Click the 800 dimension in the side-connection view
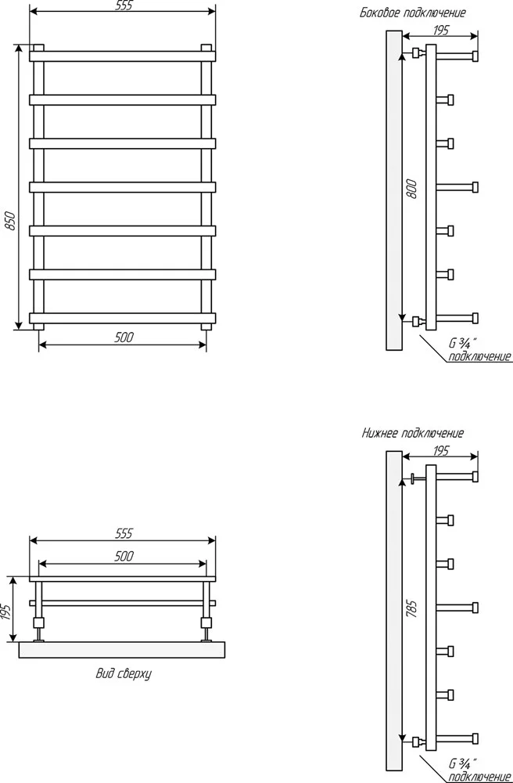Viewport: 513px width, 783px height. (x=412, y=188)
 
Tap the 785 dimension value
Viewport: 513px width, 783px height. (x=412, y=608)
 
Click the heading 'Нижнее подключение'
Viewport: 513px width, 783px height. (x=413, y=433)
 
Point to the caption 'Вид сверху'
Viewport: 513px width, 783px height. (x=124, y=674)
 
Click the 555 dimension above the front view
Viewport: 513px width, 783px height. (x=124, y=6)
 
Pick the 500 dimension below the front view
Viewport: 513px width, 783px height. (x=124, y=337)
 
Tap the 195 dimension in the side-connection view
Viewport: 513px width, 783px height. (x=441, y=31)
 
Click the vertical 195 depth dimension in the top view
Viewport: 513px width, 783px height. (x=6, y=612)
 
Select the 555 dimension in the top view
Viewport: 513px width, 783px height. (x=124, y=534)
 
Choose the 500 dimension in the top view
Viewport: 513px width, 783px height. (x=124, y=556)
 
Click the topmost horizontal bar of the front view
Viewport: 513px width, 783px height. (x=123, y=56)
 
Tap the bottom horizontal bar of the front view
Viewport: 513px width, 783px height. (x=123, y=318)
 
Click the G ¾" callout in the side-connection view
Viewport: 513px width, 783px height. (x=464, y=344)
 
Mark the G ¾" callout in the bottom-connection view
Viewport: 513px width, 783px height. (x=464, y=763)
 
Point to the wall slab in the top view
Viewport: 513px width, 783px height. (x=123, y=650)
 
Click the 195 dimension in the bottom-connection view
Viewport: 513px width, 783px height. (x=441, y=451)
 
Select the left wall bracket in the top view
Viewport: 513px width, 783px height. (x=39, y=628)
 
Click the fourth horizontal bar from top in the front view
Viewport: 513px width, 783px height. (x=123, y=187)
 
